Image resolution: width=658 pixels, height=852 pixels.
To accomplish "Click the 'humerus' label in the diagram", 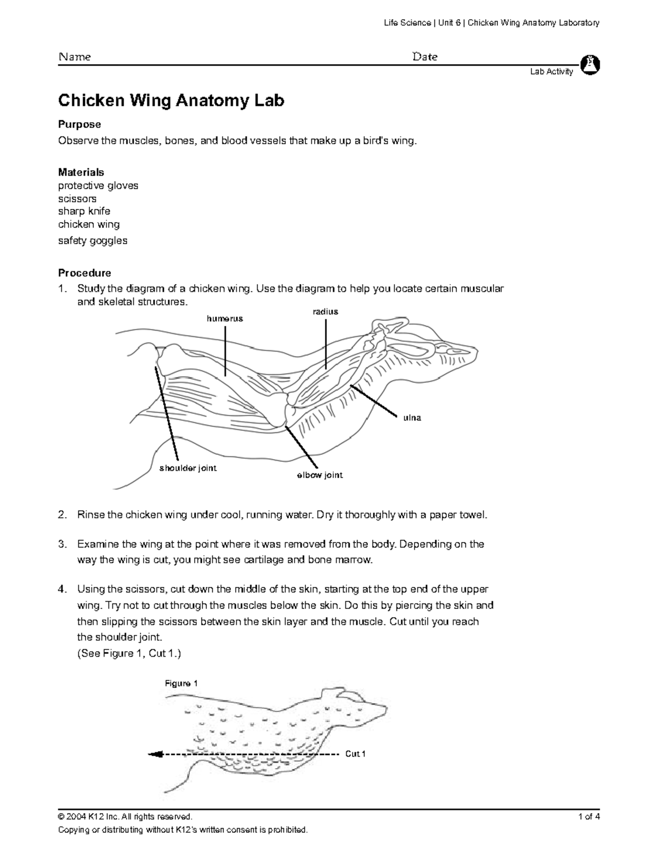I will click(224, 319).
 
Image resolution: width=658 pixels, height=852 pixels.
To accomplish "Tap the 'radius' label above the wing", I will click(325, 312).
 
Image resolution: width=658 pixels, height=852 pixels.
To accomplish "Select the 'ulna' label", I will click(412, 418).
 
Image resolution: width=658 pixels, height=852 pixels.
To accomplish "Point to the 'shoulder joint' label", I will click(188, 468).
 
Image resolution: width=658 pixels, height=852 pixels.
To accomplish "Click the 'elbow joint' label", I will click(320, 475).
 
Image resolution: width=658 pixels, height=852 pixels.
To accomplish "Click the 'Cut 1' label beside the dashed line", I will click(355, 754).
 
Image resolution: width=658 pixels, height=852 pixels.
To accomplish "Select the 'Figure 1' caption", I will click(181, 684).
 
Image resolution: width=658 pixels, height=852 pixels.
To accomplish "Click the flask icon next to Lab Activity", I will click(590, 64).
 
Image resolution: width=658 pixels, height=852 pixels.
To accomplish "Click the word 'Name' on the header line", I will click(75, 57).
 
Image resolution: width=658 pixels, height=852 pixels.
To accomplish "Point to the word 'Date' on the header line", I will click(424, 57).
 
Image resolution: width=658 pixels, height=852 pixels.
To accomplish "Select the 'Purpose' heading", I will click(80, 125).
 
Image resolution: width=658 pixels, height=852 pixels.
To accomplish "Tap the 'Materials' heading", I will click(81, 172).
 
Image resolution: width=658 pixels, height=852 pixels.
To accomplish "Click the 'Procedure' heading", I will click(84, 273).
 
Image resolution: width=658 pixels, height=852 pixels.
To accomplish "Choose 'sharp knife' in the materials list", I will click(84, 211).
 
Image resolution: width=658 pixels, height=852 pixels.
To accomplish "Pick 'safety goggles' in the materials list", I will click(93, 240).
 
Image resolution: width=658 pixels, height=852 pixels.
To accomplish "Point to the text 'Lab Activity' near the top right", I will click(551, 71).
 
